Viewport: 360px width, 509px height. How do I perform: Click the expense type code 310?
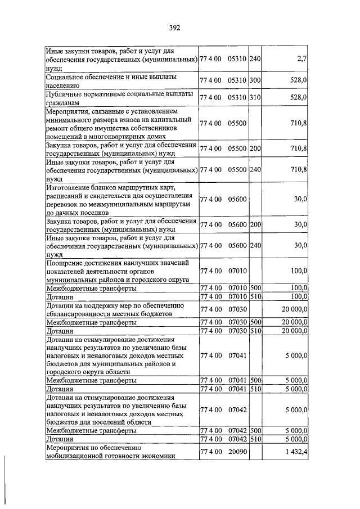pyautogui.click(x=255, y=97)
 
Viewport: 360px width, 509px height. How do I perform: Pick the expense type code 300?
pyautogui.click(x=255, y=80)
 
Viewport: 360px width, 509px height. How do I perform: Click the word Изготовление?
pyautogui.click(x=70, y=187)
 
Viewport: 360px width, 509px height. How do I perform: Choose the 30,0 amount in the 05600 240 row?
pyautogui.click(x=300, y=245)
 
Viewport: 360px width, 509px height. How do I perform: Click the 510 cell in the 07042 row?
pyautogui.click(x=255, y=439)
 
